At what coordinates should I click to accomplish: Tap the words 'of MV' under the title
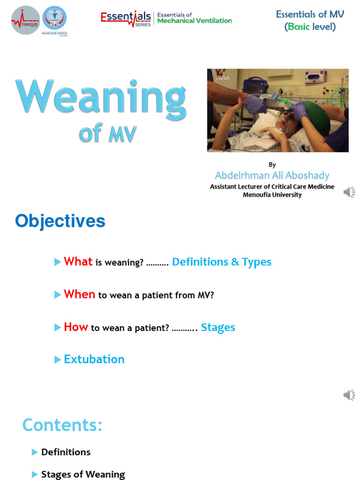click(x=108, y=135)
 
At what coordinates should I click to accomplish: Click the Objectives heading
click(x=60, y=221)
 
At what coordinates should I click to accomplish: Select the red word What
click(x=78, y=262)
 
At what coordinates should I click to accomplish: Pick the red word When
click(x=79, y=294)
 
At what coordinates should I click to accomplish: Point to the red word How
click(x=75, y=327)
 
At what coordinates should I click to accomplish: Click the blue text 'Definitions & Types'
click(x=221, y=262)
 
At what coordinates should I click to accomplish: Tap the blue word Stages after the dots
click(x=218, y=328)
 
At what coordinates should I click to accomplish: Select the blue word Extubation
click(x=94, y=360)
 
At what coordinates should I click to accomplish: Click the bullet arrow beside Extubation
click(x=58, y=360)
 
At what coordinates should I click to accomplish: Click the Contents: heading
click(x=62, y=425)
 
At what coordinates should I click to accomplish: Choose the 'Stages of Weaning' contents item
click(x=83, y=474)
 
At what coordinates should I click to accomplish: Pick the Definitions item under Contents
click(x=66, y=452)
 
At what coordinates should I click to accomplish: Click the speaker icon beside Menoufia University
click(x=349, y=192)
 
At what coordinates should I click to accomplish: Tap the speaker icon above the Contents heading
click(x=349, y=396)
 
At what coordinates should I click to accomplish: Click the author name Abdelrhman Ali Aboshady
click(x=272, y=176)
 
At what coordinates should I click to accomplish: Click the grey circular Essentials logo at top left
click(x=25, y=20)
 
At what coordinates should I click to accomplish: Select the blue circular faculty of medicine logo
click(x=55, y=19)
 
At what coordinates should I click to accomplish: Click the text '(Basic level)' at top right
click(x=310, y=27)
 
